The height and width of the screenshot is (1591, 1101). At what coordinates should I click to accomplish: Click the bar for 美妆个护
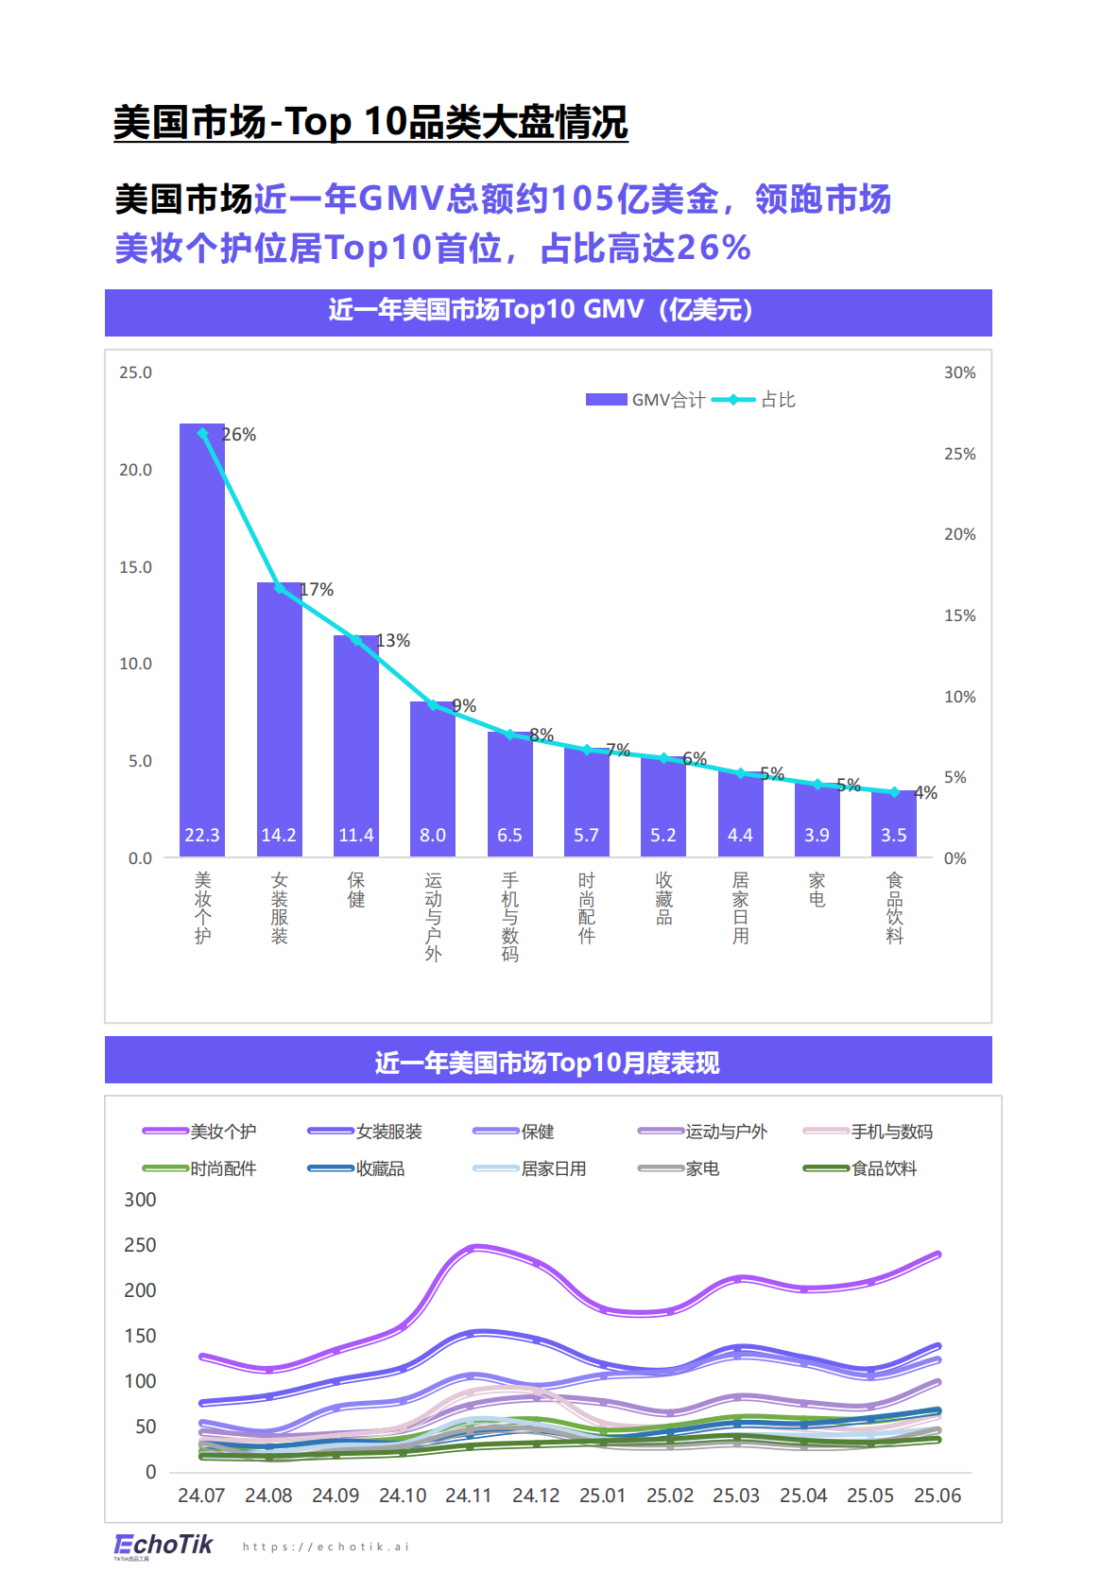point(202,643)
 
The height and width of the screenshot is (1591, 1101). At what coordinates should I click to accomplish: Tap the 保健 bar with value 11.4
point(356,747)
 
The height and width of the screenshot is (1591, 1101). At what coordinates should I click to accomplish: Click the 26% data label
point(239,435)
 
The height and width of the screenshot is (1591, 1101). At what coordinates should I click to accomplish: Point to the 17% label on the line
point(317,590)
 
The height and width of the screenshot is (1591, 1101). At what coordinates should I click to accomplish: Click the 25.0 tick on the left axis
point(135,372)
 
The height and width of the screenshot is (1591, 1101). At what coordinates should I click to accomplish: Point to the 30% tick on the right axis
point(959,372)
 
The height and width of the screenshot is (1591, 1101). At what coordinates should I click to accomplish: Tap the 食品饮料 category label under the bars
point(894,908)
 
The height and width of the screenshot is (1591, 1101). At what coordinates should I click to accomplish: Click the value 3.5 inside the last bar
point(893,835)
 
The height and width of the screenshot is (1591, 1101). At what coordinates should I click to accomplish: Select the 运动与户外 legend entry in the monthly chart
point(703,1132)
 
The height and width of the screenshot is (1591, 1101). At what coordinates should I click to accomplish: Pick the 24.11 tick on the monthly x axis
point(469,1496)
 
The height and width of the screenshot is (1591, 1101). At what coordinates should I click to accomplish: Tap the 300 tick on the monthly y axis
point(140,1200)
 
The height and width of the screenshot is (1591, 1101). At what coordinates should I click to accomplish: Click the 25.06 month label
point(937,1496)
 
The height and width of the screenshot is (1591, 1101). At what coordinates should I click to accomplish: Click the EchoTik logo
point(163,1545)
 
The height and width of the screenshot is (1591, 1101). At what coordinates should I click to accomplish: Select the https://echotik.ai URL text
point(326,1547)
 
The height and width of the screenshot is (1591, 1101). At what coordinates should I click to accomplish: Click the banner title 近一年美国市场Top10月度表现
point(547,1063)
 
